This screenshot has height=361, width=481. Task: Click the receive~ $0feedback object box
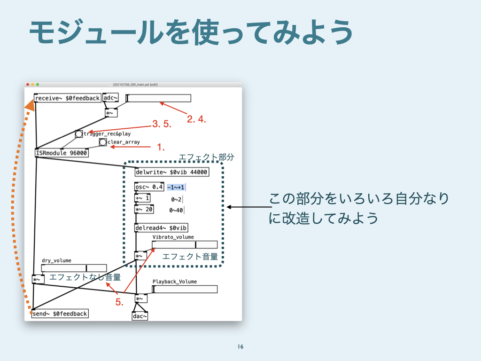tap(68, 98)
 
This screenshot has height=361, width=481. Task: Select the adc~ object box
tap(110, 98)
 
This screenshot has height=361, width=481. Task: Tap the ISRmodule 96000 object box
tap(62, 153)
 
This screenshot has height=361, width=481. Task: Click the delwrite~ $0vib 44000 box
tap(171, 172)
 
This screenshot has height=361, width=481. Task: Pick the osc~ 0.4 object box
tap(149, 187)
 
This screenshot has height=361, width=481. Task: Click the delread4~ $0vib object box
tap(161, 228)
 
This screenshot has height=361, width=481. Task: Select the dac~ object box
tap(140, 316)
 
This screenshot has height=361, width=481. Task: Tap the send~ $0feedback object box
tap(60, 314)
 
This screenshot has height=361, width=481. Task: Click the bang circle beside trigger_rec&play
tap(79, 134)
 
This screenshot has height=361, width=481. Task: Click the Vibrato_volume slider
tap(185, 244)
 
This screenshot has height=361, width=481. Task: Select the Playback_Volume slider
tap(185, 289)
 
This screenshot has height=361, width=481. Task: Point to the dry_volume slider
tap(74, 268)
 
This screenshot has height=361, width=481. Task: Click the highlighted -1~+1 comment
tap(176, 188)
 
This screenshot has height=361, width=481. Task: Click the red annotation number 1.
tap(160, 148)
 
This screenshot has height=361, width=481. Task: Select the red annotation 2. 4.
tap(196, 119)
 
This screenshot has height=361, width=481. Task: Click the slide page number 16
tap(240, 347)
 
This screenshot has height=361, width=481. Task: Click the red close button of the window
tap(28, 85)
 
